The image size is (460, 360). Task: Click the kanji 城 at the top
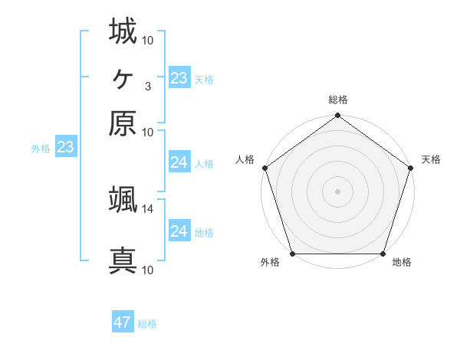[123, 32]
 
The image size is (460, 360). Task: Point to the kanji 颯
[123, 200]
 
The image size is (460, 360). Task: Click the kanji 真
[123, 261]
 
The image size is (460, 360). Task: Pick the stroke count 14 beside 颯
[148, 208]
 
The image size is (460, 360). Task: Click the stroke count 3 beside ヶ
[147, 86]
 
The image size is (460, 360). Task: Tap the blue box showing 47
[123, 322]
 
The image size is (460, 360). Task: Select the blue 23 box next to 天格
[179, 78]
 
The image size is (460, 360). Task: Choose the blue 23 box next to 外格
[65, 148]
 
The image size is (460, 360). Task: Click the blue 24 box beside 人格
[179, 162]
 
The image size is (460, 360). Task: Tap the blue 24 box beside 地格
[179, 231]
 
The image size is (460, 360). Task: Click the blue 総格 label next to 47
[147, 324]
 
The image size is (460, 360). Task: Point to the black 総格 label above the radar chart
[337, 100]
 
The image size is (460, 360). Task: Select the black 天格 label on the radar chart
[431, 159]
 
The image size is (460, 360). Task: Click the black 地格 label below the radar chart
[402, 263]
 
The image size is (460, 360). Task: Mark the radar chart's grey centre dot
[337, 191]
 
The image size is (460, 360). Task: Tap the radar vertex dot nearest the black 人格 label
[264, 168]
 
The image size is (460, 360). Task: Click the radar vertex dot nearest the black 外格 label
[292, 254]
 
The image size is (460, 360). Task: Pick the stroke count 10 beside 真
[148, 270]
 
